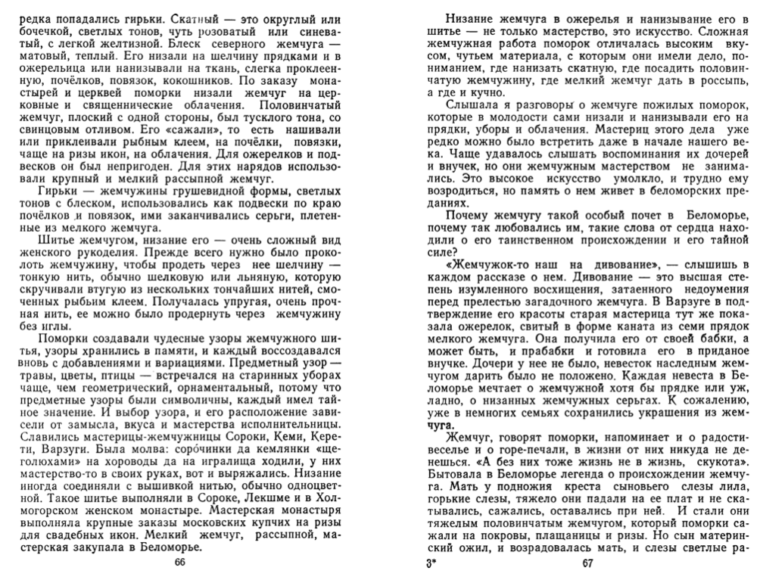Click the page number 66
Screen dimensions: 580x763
(x=179, y=563)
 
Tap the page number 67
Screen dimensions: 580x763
(x=588, y=563)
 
